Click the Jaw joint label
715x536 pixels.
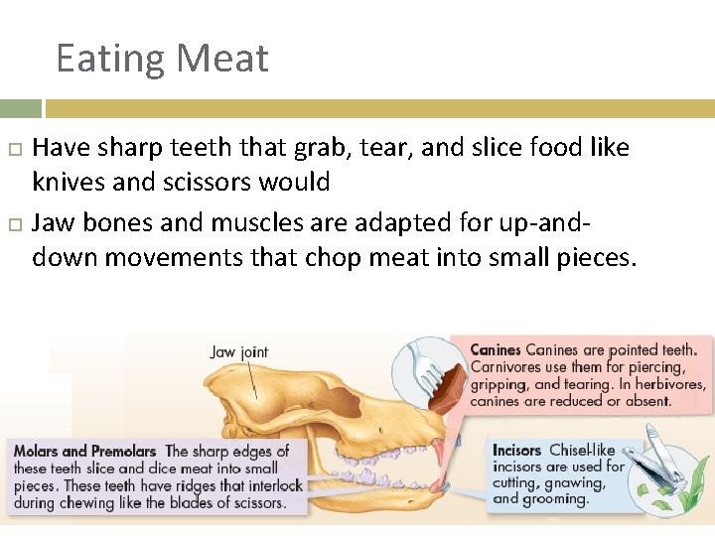[x=239, y=352]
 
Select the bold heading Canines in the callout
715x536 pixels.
[x=495, y=349]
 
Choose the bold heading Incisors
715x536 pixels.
[x=517, y=451]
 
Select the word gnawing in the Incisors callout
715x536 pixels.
[x=576, y=482]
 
